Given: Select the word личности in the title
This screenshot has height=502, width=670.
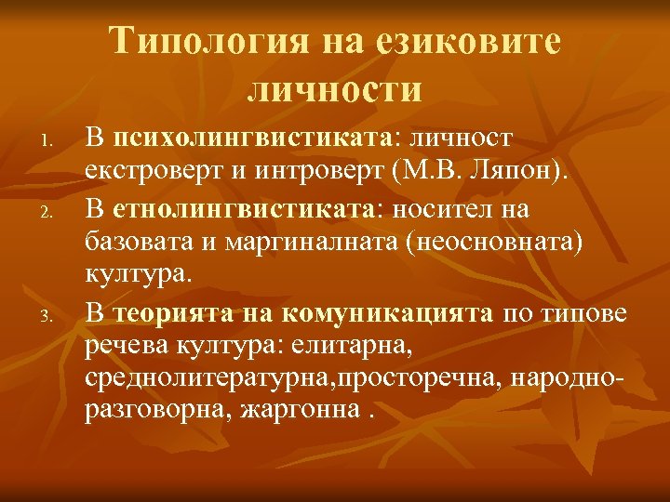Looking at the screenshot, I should point(335,89).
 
